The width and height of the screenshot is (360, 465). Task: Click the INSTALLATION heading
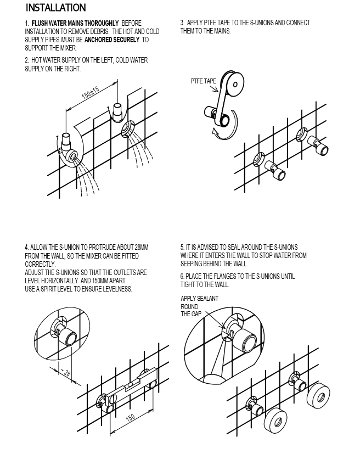pos(56,8)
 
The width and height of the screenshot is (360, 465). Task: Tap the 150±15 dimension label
pos(91,93)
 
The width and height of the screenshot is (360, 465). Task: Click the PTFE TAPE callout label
pos(204,81)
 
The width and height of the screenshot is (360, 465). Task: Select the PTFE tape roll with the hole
pos(236,83)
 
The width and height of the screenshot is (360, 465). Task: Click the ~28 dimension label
pos(66,372)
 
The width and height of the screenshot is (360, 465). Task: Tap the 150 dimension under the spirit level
pos(131,418)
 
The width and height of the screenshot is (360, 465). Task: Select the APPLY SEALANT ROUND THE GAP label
pos(199,306)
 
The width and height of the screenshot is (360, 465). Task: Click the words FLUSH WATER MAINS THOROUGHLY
pos(75,23)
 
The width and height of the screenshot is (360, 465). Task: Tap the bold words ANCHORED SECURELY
pos(112,40)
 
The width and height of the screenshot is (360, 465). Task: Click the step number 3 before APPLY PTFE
pos(182,23)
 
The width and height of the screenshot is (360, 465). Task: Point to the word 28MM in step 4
pos(142,248)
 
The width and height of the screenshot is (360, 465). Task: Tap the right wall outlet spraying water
pos(128,128)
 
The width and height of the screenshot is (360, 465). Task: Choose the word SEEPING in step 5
pos(192,264)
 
